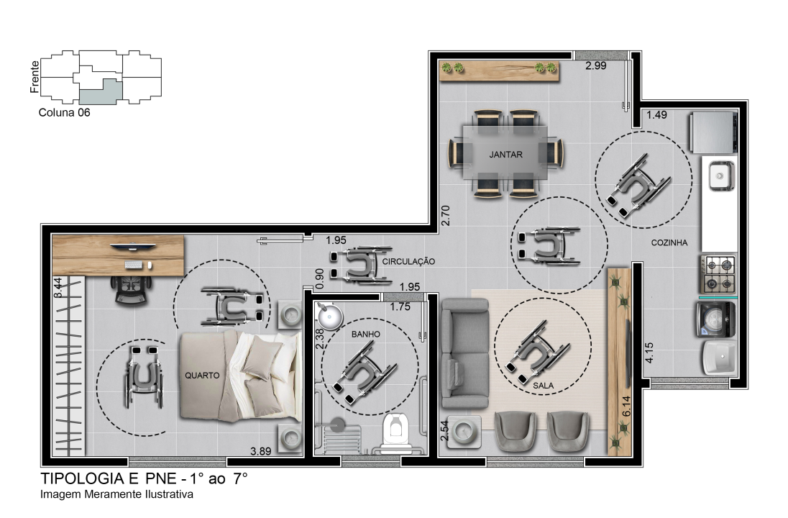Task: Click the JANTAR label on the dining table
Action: pyautogui.click(x=505, y=155)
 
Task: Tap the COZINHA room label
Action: pyautogui.click(x=669, y=242)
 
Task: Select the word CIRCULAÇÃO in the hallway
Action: pyautogui.click(x=408, y=261)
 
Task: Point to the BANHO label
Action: pyautogui.click(x=365, y=334)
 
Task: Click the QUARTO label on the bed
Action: pyautogui.click(x=202, y=375)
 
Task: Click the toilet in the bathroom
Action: pyautogui.click(x=397, y=432)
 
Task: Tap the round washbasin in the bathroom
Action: pyautogui.click(x=330, y=316)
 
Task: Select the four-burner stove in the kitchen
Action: pyautogui.click(x=719, y=275)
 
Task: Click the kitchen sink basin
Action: pyautogui.click(x=720, y=176)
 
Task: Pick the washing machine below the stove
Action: pyautogui.click(x=716, y=319)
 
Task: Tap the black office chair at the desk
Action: pyautogui.click(x=132, y=290)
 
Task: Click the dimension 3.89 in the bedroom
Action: pyautogui.click(x=260, y=451)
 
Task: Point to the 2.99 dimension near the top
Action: pyautogui.click(x=595, y=65)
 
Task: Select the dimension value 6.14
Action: pyautogui.click(x=626, y=406)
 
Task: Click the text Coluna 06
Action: pyautogui.click(x=64, y=113)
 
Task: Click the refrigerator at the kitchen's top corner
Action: pyautogui.click(x=714, y=133)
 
